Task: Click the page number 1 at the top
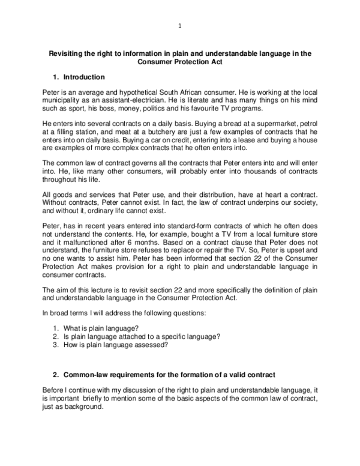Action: click(180, 26)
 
